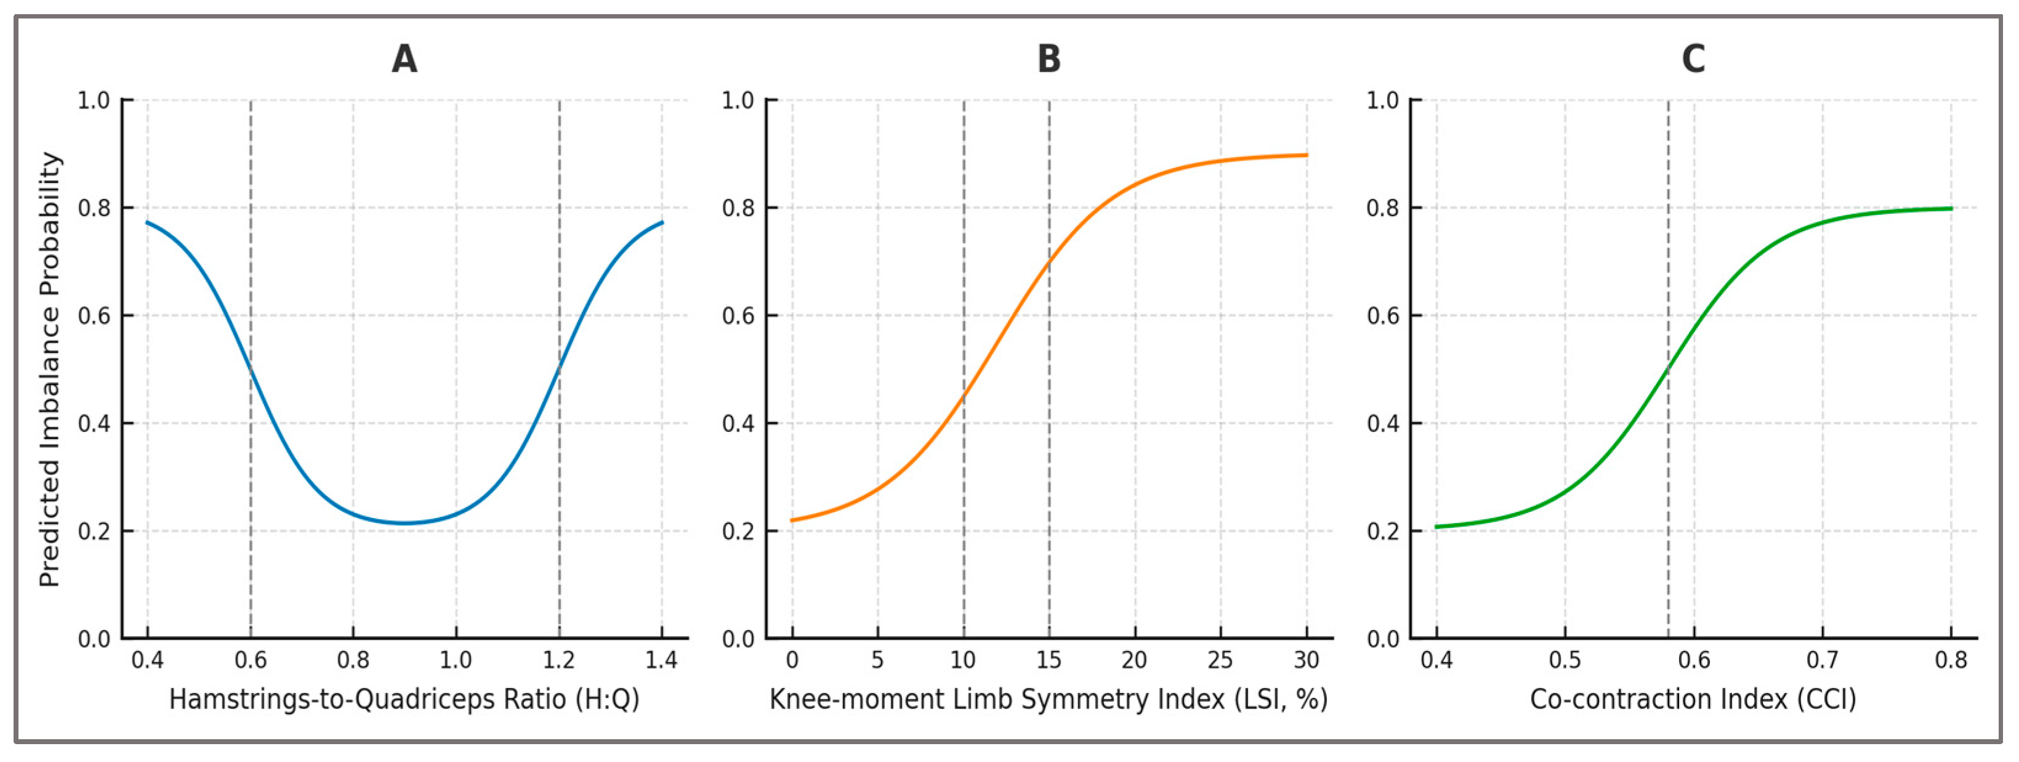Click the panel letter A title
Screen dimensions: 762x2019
[405, 59]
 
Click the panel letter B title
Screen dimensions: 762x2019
[1049, 59]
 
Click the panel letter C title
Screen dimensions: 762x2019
[1693, 59]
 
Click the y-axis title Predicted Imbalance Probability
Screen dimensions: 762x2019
[50, 369]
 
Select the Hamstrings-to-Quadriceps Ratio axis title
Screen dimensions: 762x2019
[405, 699]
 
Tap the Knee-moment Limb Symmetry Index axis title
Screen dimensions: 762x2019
[1049, 699]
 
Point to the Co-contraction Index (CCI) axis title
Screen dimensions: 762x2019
[1693, 699]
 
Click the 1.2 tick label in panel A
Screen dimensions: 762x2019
[559, 660]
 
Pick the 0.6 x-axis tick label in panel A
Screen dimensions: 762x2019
[251, 660]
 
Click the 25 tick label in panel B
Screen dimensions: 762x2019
[1220, 660]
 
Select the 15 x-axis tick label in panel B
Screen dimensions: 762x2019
[1049, 660]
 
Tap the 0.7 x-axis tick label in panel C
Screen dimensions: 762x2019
[1823, 660]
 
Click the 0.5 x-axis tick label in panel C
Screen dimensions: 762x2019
[1565, 660]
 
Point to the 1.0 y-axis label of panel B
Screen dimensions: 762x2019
[738, 100]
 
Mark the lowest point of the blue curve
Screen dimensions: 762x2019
[405, 523]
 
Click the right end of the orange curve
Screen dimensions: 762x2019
[1307, 155]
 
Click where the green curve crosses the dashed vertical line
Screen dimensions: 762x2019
[1668, 368]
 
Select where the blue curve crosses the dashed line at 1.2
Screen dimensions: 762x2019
[559, 368]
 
